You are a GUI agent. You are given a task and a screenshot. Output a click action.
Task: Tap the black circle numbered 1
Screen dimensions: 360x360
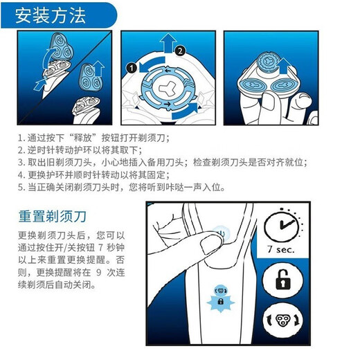tap(130, 68)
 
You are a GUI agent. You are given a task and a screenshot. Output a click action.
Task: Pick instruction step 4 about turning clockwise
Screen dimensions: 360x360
tap(93, 175)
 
